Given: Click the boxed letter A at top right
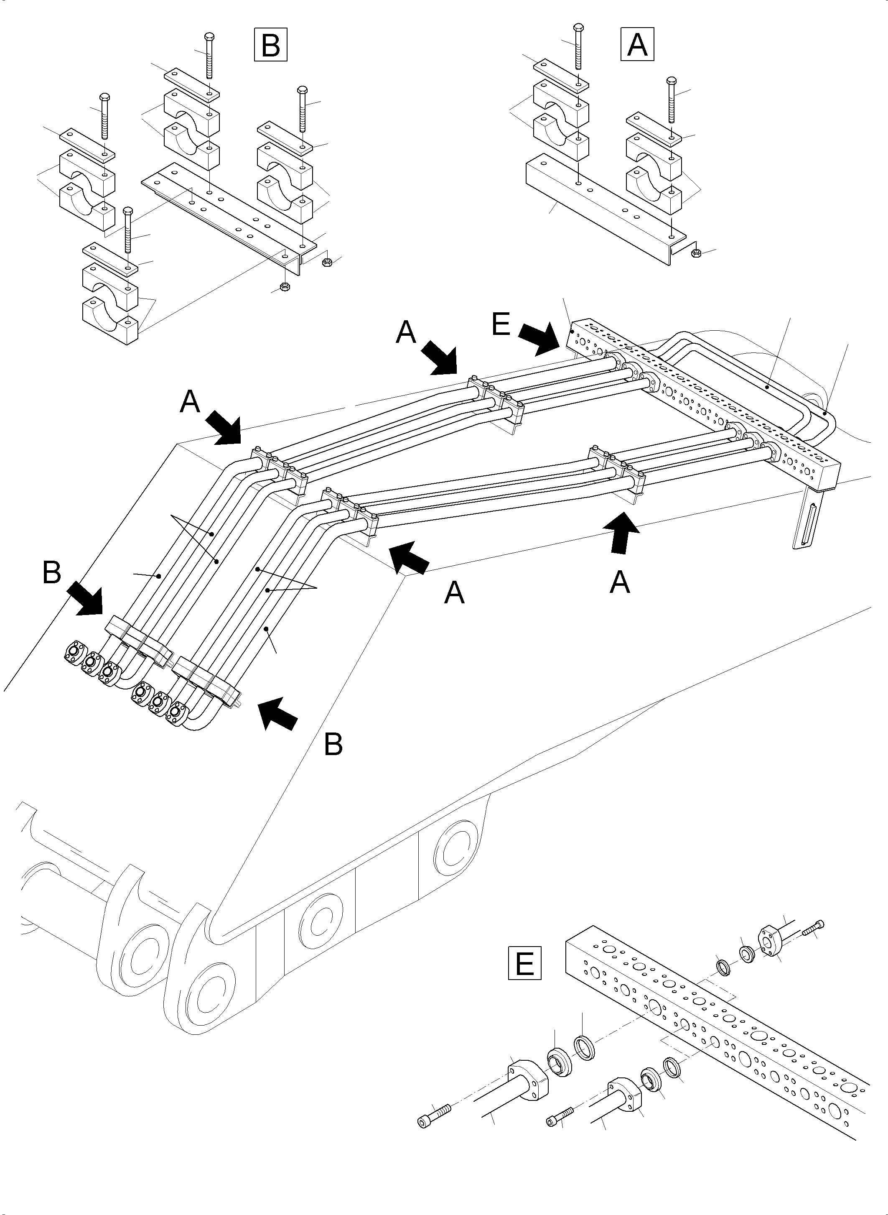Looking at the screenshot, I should (x=638, y=44).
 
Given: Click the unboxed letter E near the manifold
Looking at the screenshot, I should (x=501, y=325).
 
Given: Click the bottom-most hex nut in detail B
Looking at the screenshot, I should (x=285, y=287).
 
